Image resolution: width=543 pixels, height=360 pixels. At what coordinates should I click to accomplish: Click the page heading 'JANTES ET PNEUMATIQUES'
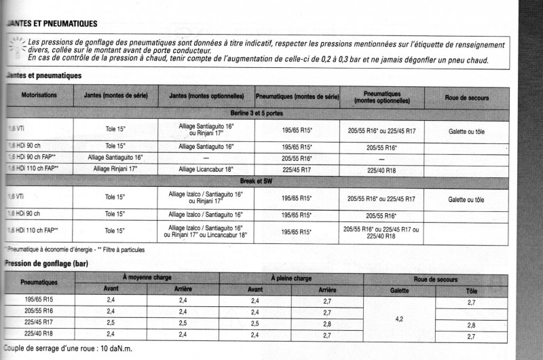pyautogui.click(x=50, y=24)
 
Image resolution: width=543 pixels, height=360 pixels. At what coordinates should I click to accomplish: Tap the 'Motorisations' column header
pyautogui.click(x=39, y=96)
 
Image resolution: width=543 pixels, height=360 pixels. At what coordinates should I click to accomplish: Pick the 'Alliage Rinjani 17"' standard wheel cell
pyautogui.click(x=115, y=168)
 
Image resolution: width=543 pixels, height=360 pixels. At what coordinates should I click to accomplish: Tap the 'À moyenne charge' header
pyautogui.click(x=147, y=278)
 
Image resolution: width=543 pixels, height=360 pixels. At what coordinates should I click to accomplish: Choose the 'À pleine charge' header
pyautogui.click(x=291, y=278)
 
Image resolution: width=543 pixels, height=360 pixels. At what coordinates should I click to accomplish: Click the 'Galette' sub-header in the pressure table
pyautogui.click(x=399, y=290)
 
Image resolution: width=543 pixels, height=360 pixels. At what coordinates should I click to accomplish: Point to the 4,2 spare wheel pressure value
pyautogui.click(x=399, y=318)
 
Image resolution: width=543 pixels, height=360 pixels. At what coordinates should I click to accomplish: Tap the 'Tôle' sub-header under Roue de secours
pyautogui.click(x=471, y=290)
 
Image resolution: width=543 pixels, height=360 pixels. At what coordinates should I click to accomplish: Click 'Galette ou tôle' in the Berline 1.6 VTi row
pyautogui.click(x=466, y=130)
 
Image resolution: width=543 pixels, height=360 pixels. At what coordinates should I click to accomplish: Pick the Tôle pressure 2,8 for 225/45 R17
pyautogui.click(x=471, y=325)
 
